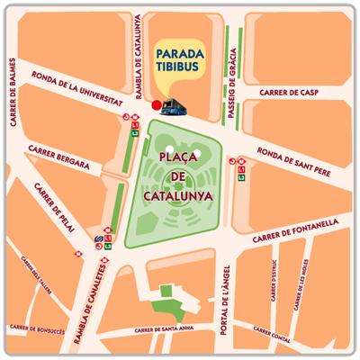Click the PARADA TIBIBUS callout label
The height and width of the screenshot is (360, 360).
185,56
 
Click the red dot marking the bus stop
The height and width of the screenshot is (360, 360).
157,105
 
